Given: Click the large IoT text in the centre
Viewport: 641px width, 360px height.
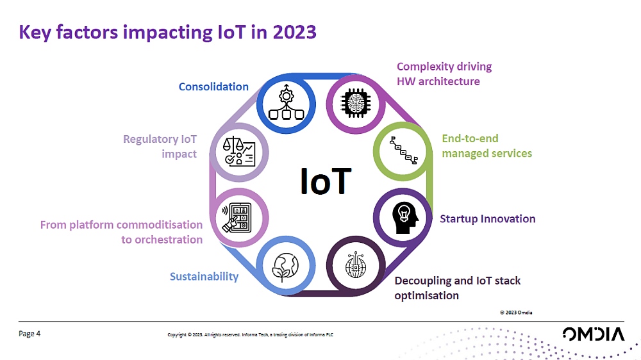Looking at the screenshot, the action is tap(326, 181).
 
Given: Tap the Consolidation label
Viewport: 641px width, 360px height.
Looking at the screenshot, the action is tap(213, 86).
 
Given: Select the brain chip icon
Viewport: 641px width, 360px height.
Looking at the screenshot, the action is tap(356, 103).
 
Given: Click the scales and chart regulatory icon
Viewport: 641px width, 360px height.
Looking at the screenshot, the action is tap(239, 152).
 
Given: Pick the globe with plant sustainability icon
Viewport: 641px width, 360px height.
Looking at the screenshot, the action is tap(286, 267).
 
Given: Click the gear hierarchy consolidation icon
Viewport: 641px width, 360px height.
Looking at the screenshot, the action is tap(286, 102).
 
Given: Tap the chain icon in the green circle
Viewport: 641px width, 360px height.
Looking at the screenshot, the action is tap(403, 151).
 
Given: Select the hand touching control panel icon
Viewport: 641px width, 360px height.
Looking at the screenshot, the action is tap(237, 218).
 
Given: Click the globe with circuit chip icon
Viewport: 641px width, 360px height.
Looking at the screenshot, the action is tap(356, 265).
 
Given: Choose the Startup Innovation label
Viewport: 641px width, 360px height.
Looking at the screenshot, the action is tap(487, 218).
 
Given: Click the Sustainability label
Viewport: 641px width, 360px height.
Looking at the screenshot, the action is tap(204, 277).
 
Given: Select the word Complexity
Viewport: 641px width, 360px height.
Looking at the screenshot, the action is tap(424, 67).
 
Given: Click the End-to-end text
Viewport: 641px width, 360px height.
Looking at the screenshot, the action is tap(470, 138).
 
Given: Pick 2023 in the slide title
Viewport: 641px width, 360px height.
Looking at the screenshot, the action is tap(295, 32).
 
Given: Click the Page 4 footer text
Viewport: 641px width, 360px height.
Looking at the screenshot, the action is tap(29, 334).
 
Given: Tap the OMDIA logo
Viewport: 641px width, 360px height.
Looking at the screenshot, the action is tap(593, 334).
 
